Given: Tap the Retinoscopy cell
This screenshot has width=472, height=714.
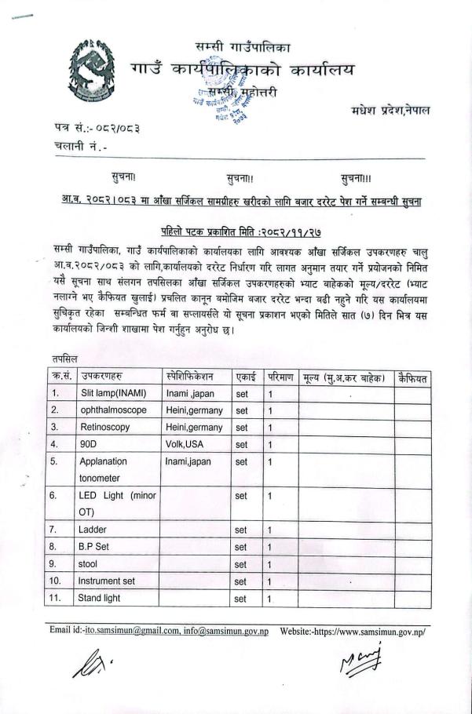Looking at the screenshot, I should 108,428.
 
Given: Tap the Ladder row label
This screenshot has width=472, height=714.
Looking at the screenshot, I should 93,530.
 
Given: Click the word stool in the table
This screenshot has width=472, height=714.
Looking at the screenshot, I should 87,564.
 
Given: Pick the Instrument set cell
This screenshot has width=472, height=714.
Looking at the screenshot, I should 106,581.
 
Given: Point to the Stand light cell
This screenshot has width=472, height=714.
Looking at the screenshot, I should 100,599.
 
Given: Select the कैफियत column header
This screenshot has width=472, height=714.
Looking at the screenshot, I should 412,378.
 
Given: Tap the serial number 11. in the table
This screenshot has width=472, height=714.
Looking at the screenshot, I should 56,599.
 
